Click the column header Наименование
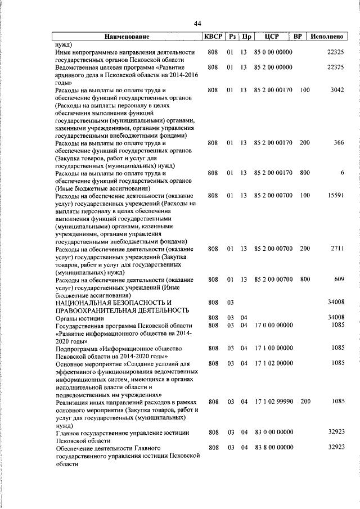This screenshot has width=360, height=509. click(127, 37)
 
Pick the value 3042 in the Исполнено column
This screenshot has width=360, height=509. click(337, 90)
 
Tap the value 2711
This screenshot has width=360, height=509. click(337, 249)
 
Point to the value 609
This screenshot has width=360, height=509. click(338, 280)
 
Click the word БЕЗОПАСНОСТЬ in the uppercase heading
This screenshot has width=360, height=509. click(132, 303)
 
